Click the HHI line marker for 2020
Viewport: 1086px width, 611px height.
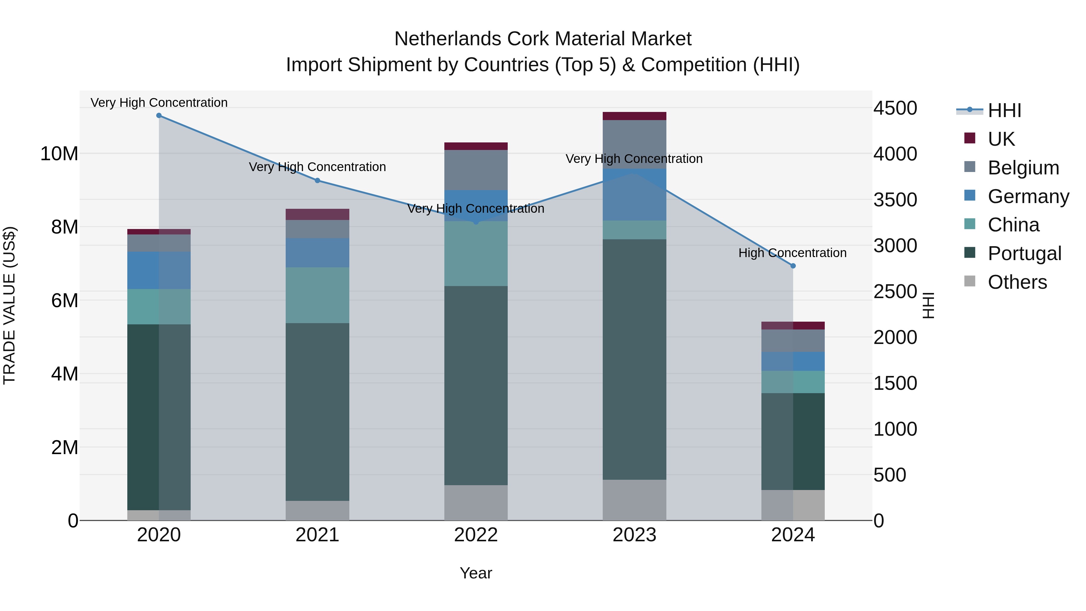pyautogui.click(x=159, y=116)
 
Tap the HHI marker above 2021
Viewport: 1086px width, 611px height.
pyautogui.click(x=317, y=180)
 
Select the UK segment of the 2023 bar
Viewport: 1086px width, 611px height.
pyautogui.click(x=634, y=116)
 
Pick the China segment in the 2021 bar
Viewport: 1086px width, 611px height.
pyautogui.click(x=317, y=295)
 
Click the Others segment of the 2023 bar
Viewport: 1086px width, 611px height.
pyautogui.click(x=634, y=500)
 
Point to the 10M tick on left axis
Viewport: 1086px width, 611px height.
pyautogui.click(x=59, y=154)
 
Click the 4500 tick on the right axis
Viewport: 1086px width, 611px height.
pyautogui.click(x=895, y=108)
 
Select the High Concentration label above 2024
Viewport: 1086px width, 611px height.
pyautogui.click(x=792, y=253)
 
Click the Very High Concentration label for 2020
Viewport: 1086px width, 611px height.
pyautogui.click(x=159, y=103)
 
